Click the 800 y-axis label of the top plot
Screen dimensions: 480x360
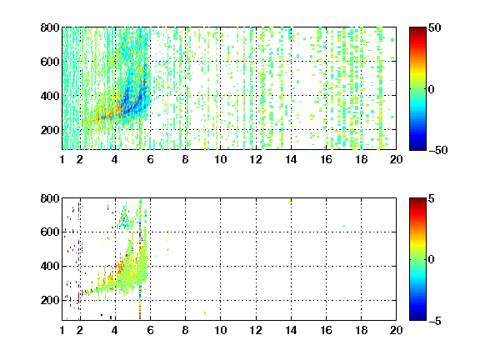50,27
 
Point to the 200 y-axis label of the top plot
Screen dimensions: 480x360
50,130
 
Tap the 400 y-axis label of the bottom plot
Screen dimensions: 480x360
50,266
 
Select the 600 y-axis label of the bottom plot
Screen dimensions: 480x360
50,232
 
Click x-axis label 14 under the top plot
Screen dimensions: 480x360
291,159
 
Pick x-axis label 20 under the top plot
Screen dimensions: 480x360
396,159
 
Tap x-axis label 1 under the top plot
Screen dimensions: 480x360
62,159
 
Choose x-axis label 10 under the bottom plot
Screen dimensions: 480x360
220,330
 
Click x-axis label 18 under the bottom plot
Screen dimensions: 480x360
361,330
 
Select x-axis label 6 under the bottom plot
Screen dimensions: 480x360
150,330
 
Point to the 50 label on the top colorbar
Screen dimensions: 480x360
434,27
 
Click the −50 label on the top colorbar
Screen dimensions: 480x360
437,150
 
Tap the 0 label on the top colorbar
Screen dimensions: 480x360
432,89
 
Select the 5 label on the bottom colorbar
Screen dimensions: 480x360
432,198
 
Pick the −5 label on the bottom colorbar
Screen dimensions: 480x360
435,321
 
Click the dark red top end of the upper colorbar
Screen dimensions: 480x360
417,29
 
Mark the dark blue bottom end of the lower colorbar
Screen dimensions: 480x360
417,318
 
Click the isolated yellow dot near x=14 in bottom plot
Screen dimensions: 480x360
290,202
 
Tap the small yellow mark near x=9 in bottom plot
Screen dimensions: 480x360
205,313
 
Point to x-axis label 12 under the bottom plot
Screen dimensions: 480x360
256,330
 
